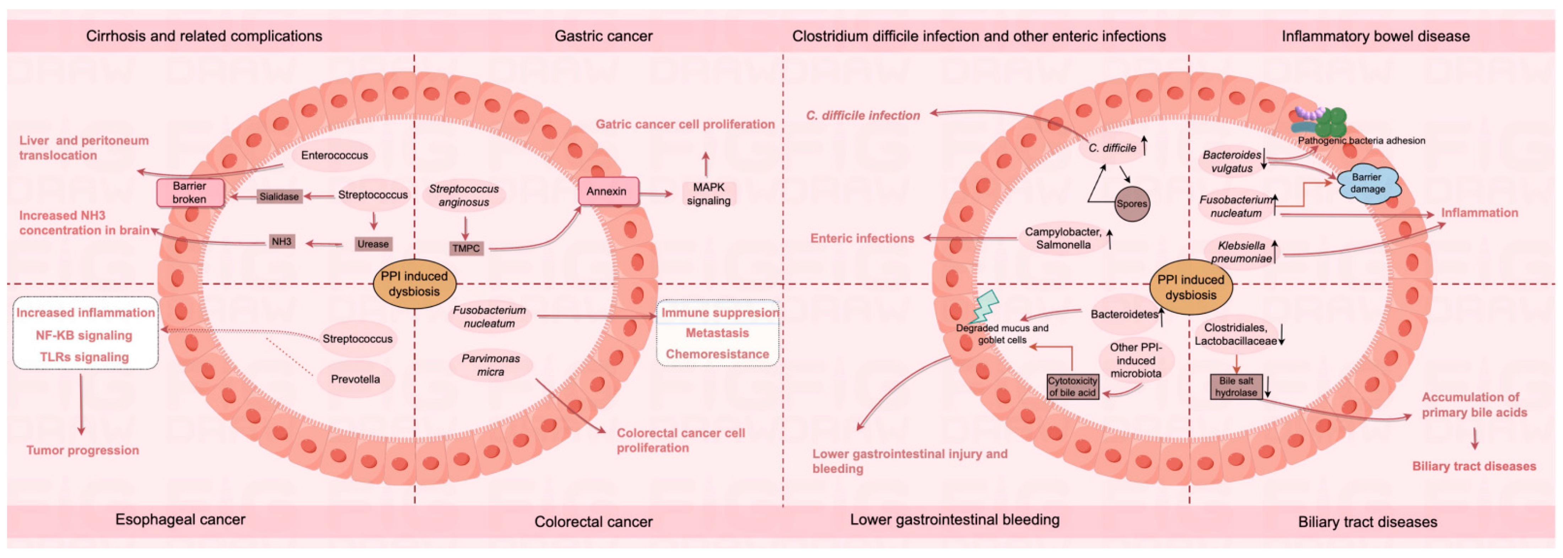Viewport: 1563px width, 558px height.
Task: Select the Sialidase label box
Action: pos(279,196)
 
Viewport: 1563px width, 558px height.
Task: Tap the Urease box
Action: pos(373,244)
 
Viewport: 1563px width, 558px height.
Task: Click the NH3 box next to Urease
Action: pos(281,242)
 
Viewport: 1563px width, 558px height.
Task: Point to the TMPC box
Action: pos(466,248)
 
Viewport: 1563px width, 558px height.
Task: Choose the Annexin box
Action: pos(607,191)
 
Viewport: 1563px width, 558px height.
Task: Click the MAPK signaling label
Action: pos(709,194)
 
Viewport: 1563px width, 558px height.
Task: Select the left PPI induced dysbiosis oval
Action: pos(414,284)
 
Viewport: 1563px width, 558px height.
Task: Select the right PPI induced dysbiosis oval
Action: pos(1190,287)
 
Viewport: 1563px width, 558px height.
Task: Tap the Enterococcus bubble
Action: pos(334,155)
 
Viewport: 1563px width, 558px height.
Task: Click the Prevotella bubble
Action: pos(356,379)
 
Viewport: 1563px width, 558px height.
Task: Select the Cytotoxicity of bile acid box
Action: pos(1072,387)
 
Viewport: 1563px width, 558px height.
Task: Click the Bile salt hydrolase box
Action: pos(1236,387)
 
